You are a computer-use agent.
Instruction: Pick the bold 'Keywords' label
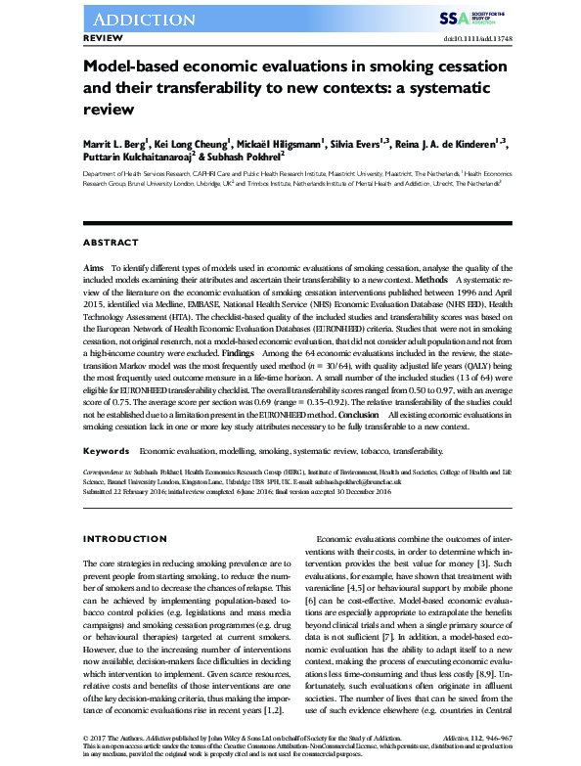[106, 424]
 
